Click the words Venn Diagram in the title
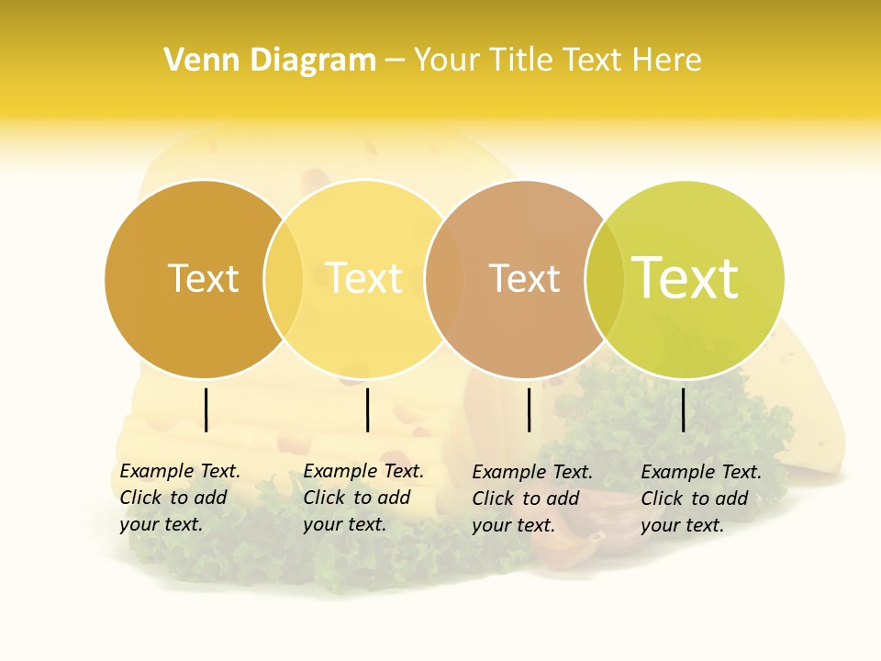tap(270, 61)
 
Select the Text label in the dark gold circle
tap(203, 278)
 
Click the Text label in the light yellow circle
tap(363, 278)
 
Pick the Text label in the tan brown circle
tap(524, 278)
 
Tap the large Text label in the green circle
tap(685, 278)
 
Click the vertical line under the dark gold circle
tap(206, 409)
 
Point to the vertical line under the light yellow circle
tap(367, 409)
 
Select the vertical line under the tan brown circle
tap(529, 409)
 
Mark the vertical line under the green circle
tap(683, 409)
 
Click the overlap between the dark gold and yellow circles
tap(284, 278)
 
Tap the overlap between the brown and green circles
tap(605, 278)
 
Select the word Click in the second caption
tap(324, 498)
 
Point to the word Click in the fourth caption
tap(662, 499)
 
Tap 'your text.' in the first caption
tap(161, 525)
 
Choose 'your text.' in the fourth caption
tap(682, 526)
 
